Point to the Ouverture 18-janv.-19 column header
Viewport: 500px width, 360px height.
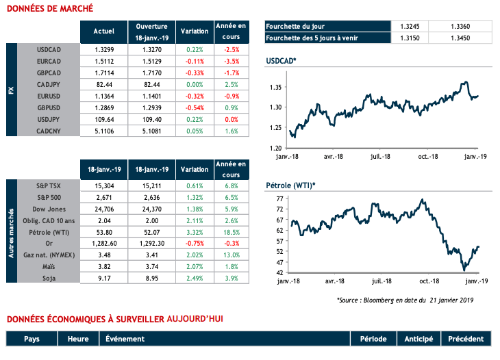[147, 31]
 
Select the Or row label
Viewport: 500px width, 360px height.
[49, 244]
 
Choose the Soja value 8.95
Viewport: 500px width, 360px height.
[147, 279]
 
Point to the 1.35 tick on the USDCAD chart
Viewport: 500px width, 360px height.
[273, 88]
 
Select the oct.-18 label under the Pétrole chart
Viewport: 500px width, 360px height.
[429, 281]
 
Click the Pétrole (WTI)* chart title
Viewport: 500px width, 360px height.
[290, 186]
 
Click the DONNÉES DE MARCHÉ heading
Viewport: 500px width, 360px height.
[45, 10]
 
